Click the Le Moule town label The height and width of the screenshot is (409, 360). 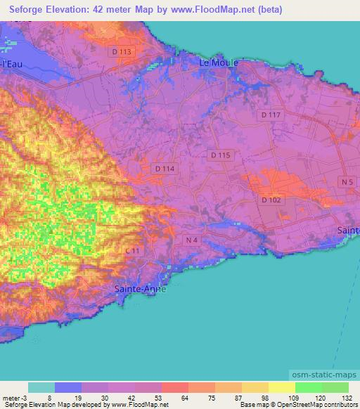coord(219,63)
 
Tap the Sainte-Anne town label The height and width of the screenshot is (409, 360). coord(141,289)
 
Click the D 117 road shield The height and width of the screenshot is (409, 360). coord(270,115)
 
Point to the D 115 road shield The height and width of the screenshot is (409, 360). coord(220,155)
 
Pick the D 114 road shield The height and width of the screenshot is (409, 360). coord(164,169)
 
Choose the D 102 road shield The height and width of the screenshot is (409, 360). coord(271,200)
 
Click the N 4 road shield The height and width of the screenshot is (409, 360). coord(193,240)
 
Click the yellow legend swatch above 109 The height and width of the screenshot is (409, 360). coord(281,387)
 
